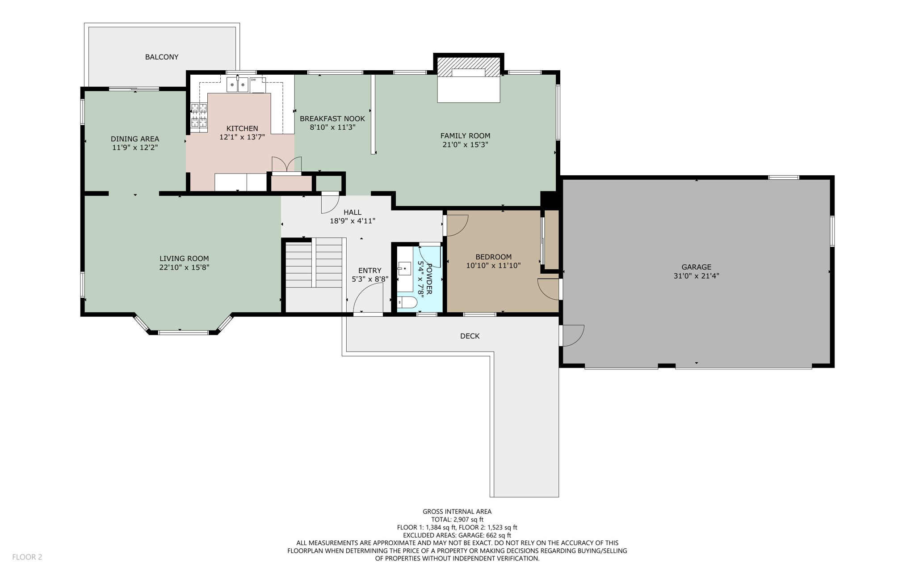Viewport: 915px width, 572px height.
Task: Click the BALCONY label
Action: click(x=162, y=57)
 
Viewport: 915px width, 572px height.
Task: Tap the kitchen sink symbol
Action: click(x=237, y=85)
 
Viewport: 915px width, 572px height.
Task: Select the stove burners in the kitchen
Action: click(x=199, y=115)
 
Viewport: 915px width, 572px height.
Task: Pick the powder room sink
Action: click(x=405, y=269)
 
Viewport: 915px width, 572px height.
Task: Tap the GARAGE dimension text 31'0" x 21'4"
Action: click(x=696, y=276)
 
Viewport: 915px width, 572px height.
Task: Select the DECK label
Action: click(x=470, y=336)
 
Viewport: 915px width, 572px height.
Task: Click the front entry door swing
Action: click(x=368, y=299)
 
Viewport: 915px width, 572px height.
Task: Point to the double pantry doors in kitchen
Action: click(x=286, y=165)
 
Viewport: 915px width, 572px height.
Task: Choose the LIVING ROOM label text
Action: click(x=184, y=258)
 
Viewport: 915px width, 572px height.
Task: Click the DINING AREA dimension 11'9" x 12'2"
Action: click(x=135, y=147)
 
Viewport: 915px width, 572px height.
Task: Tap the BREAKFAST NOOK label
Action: click(x=332, y=119)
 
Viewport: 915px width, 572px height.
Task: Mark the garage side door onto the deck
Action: click(x=572, y=335)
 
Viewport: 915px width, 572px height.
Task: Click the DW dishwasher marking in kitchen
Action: click(x=253, y=80)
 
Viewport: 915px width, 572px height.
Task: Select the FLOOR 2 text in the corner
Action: click(x=27, y=557)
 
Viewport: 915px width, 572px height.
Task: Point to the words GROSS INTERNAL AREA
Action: click(x=457, y=511)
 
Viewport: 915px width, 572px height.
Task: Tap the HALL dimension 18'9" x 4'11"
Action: click(x=352, y=220)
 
